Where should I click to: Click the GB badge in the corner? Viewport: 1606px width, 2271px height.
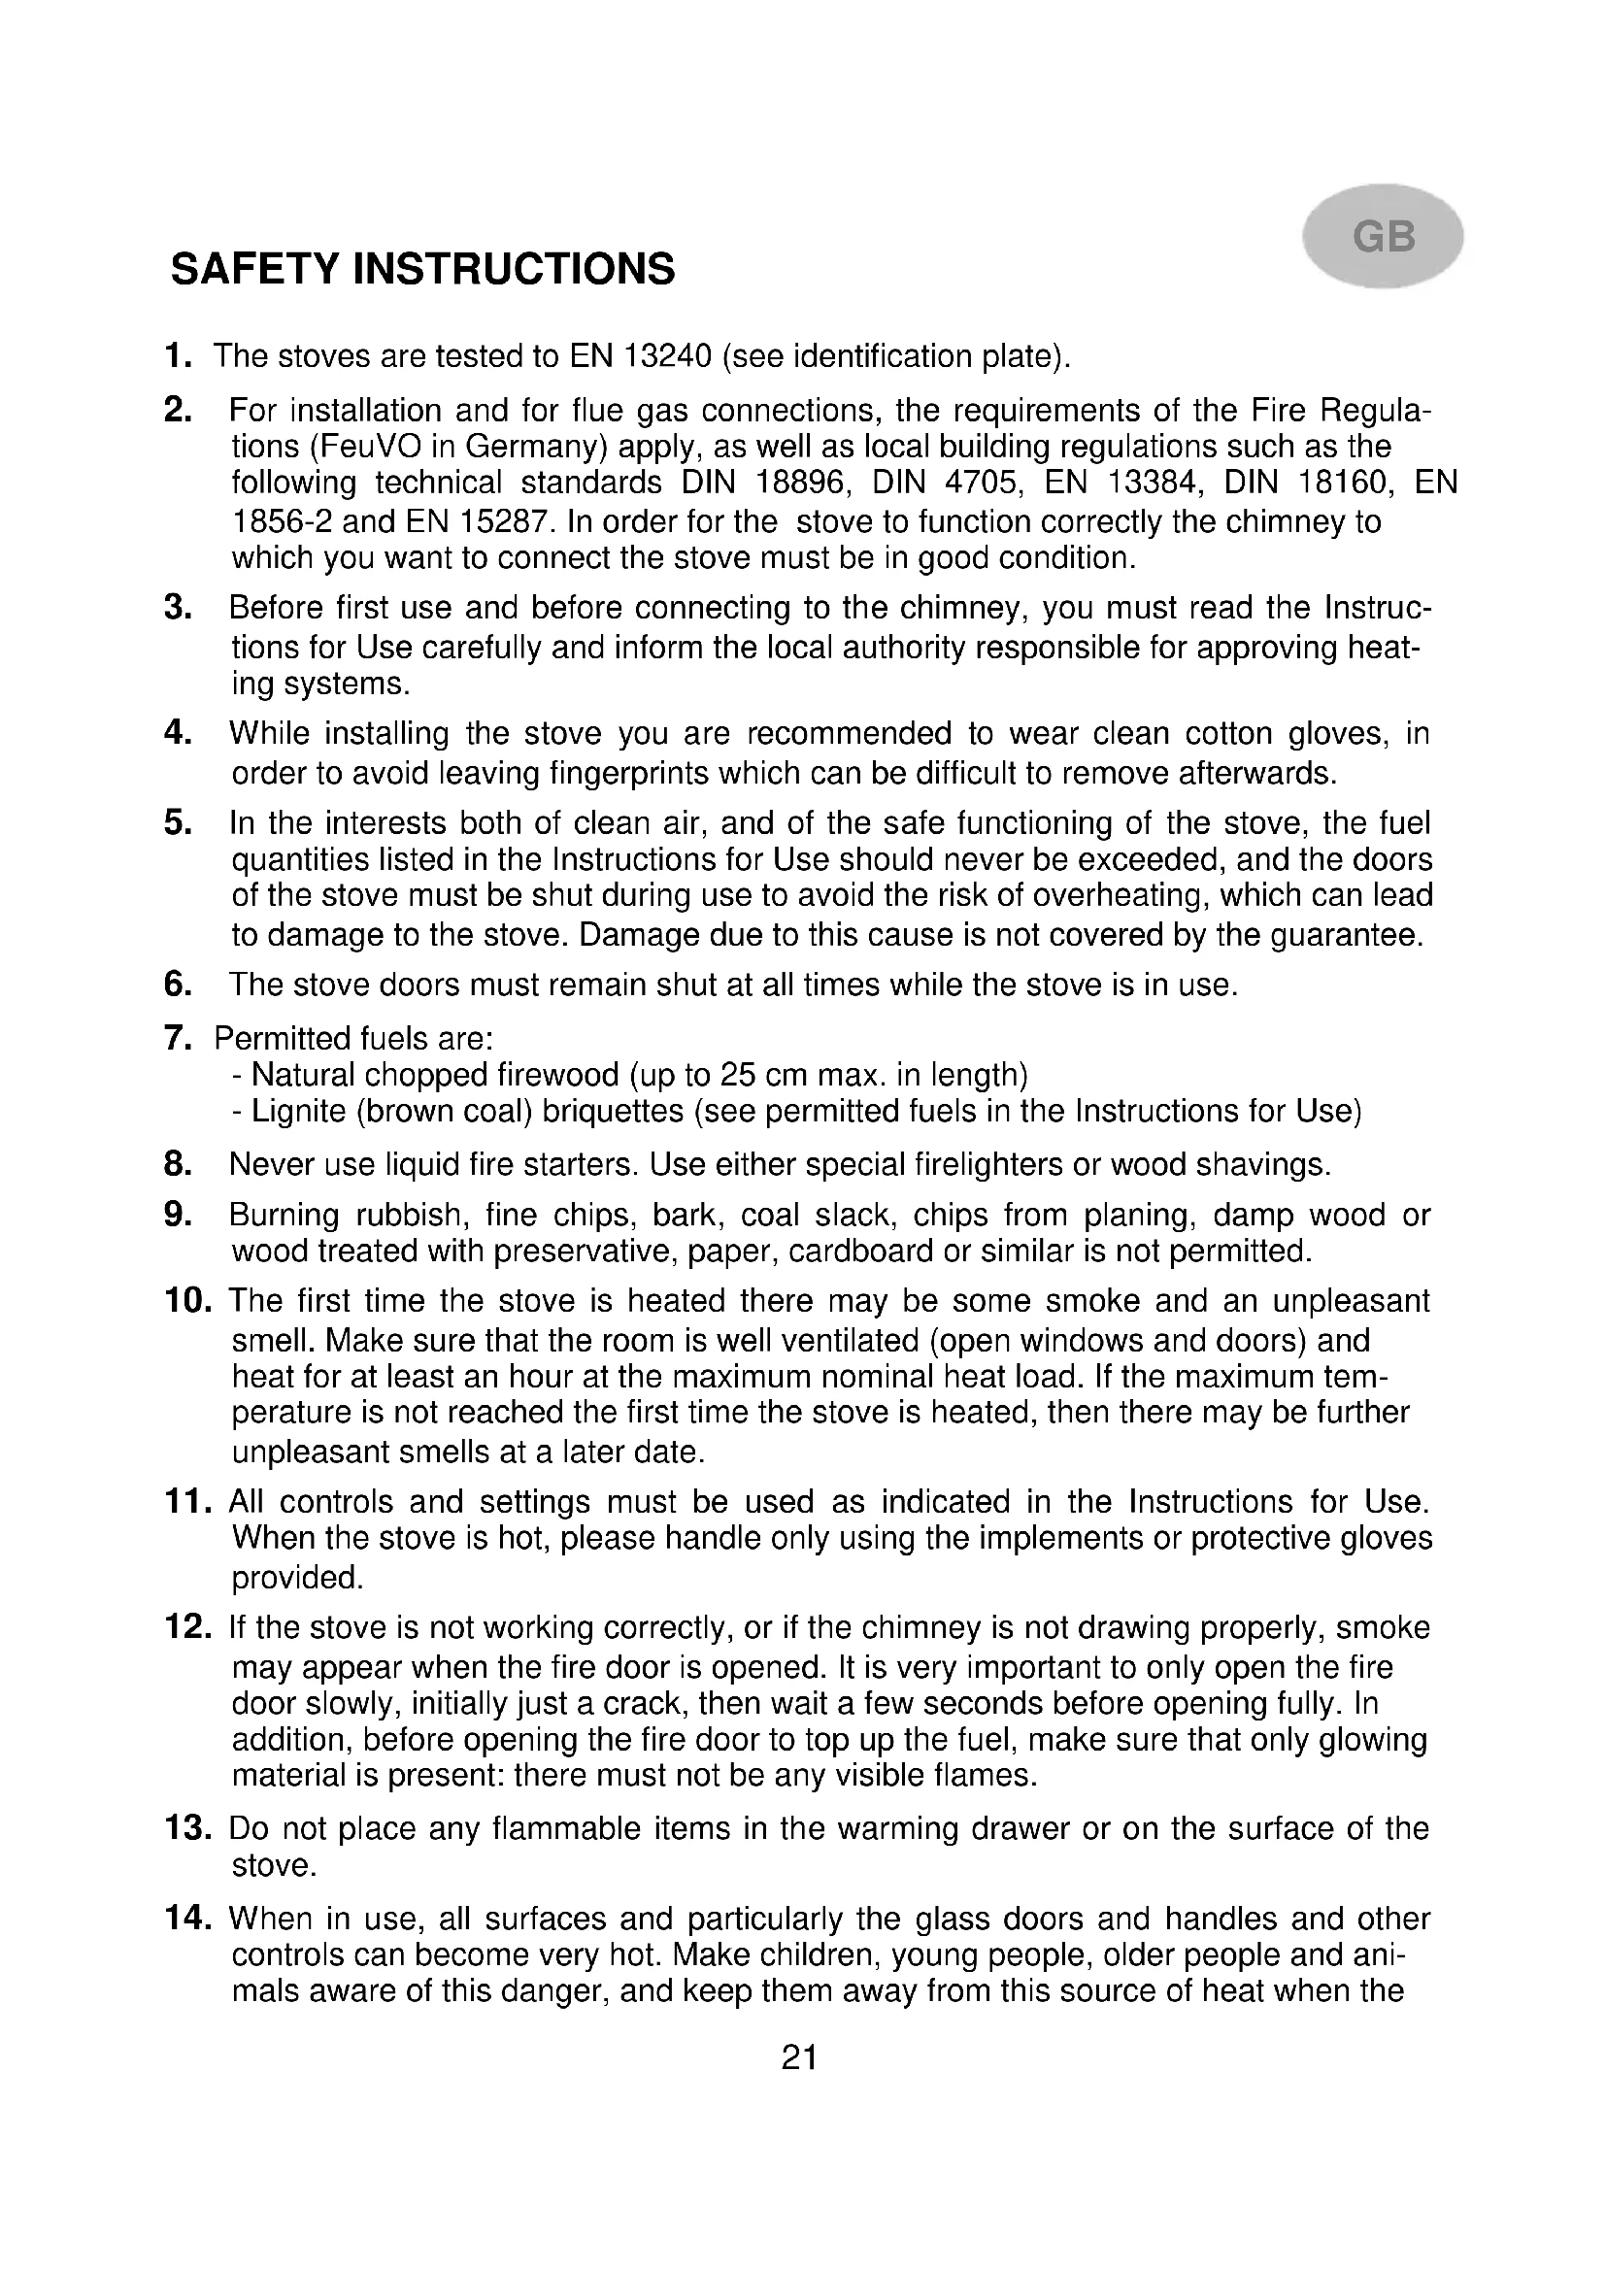click(1383, 236)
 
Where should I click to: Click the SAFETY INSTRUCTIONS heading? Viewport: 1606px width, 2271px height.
click(422, 269)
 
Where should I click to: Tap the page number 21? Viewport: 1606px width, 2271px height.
click(799, 2058)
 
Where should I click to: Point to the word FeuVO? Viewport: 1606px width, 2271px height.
click(365, 447)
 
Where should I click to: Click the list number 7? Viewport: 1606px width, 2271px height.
click(178, 1039)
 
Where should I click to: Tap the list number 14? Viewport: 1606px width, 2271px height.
click(186, 1919)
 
